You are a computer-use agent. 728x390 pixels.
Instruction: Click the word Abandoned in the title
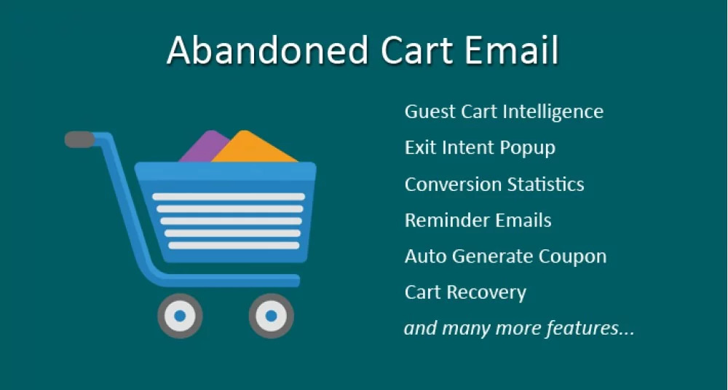coord(268,50)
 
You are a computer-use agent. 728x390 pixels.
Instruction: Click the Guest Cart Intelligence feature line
coord(504,112)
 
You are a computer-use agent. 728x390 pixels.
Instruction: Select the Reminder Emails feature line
coord(478,220)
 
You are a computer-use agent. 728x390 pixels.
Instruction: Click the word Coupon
coord(572,257)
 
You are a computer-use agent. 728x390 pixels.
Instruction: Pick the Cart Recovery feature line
coord(465,293)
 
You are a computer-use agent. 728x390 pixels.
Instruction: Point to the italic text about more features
coord(519,328)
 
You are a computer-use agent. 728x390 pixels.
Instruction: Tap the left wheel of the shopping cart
coord(180,316)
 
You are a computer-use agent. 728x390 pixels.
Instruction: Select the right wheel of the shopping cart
coord(271,316)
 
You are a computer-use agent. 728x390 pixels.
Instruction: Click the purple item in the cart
coord(203,147)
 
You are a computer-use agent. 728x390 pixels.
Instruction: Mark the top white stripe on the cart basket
coord(229,197)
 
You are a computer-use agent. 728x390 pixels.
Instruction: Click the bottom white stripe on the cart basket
coord(234,246)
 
